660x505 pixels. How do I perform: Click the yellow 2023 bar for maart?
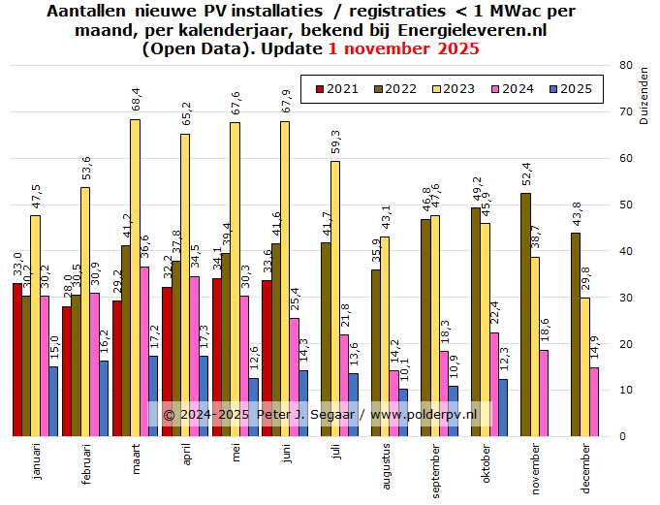[135, 277]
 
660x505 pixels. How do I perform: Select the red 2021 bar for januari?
[17, 360]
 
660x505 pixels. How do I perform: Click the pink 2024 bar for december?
[594, 401]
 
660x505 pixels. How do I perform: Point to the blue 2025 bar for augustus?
[403, 413]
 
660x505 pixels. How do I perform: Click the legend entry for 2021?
[335, 89]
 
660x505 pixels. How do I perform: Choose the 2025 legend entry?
[580, 89]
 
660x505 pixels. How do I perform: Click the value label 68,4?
[135, 99]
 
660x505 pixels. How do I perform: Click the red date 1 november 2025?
[397, 48]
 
